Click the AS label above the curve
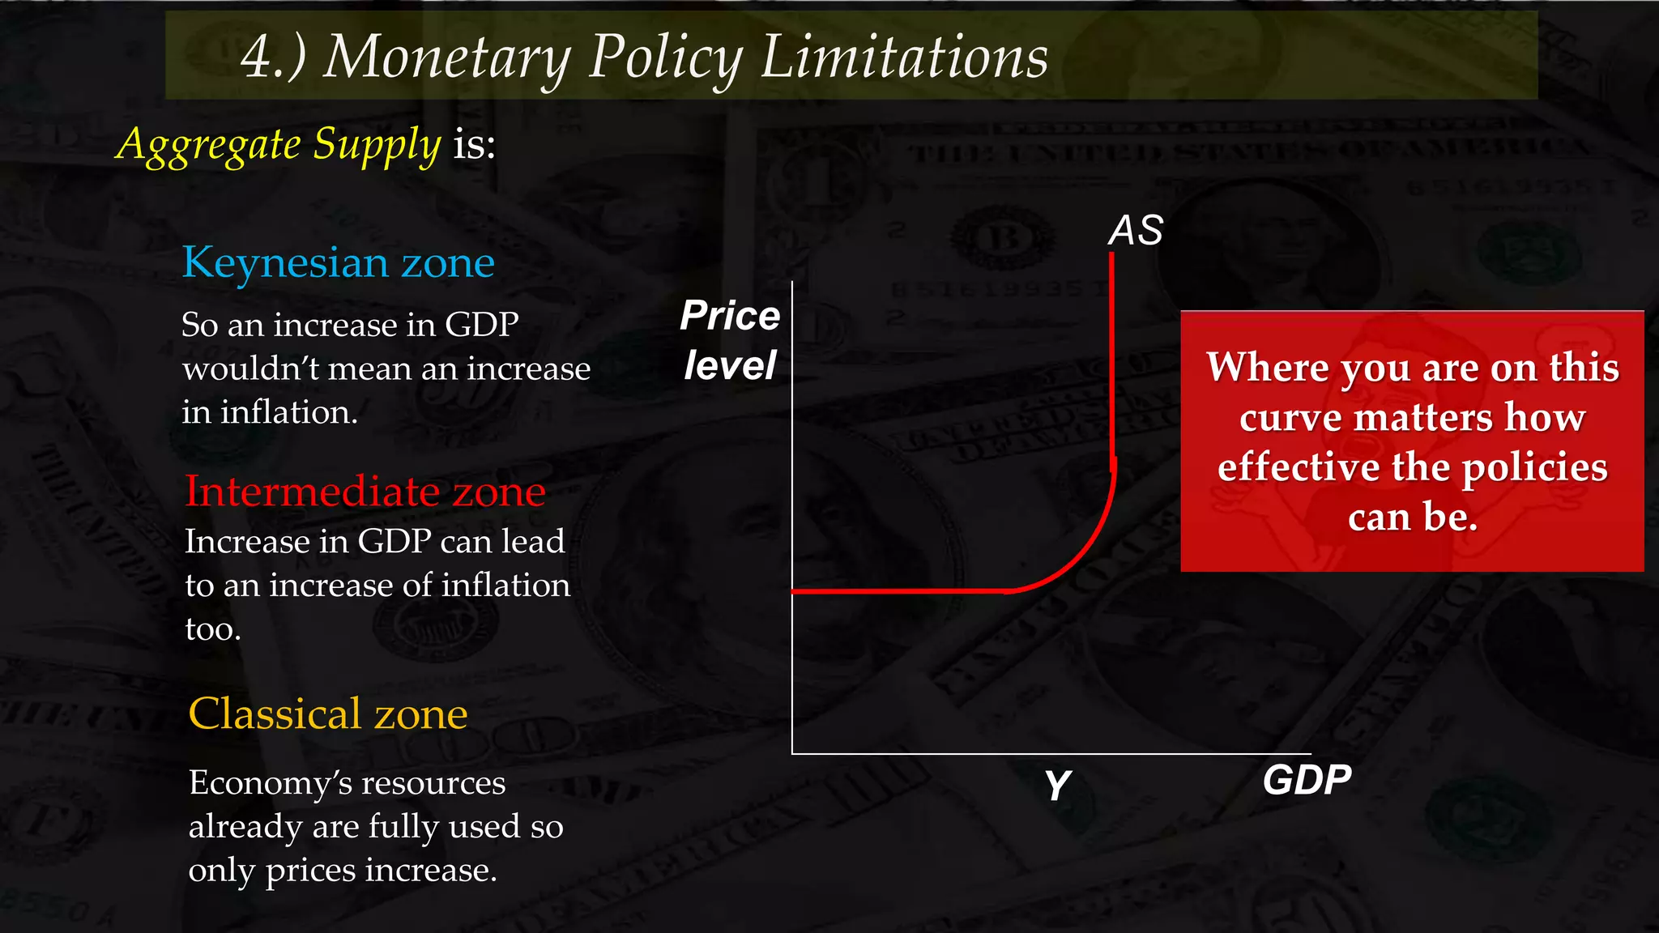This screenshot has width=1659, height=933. (1136, 231)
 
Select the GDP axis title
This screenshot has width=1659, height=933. (1307, 780)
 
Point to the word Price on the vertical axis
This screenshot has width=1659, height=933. (730, 315)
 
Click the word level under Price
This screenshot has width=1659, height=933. (730, 366)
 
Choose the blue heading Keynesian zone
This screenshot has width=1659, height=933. (338, 263)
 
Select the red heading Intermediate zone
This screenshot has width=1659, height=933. (365, 492)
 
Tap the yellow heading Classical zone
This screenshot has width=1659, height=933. (328, 714)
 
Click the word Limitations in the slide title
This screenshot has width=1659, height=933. (904, 58)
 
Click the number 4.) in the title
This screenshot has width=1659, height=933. (273, 58)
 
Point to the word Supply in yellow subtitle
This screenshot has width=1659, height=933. (377, 146)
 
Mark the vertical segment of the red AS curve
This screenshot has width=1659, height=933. (1111, 356)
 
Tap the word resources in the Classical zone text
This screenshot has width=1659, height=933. (433, 783)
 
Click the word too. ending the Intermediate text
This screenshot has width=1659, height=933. (213, 629)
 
